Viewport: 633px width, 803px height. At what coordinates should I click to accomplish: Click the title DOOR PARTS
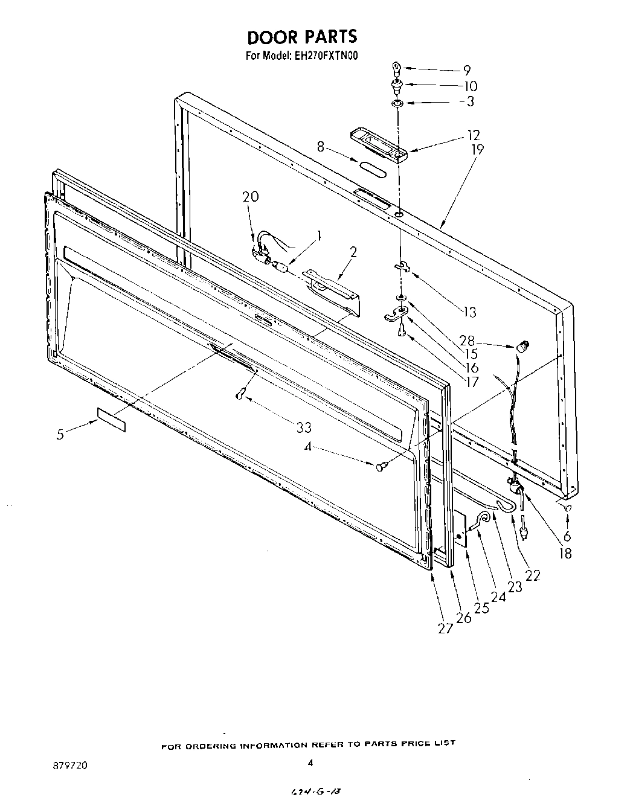(302, 37)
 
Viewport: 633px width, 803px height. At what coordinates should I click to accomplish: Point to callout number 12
(473, 135)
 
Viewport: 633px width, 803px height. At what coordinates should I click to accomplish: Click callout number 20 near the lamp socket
(250, 197)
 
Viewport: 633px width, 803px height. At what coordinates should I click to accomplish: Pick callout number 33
(304, 427)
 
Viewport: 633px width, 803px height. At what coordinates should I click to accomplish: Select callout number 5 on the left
(60, 434)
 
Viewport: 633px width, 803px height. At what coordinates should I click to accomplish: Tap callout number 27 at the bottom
(445, 629)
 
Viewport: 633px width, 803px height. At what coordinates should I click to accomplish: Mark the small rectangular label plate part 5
(111, 419)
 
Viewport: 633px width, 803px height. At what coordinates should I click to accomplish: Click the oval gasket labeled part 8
(372, 168)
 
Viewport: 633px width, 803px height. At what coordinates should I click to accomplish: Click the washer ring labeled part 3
(397, 104)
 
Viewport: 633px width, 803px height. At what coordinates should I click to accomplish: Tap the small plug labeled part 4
(381, 465)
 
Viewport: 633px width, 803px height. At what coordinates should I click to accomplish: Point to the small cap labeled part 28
(522, 347)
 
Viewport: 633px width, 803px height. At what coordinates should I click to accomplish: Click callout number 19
(477, 149)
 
